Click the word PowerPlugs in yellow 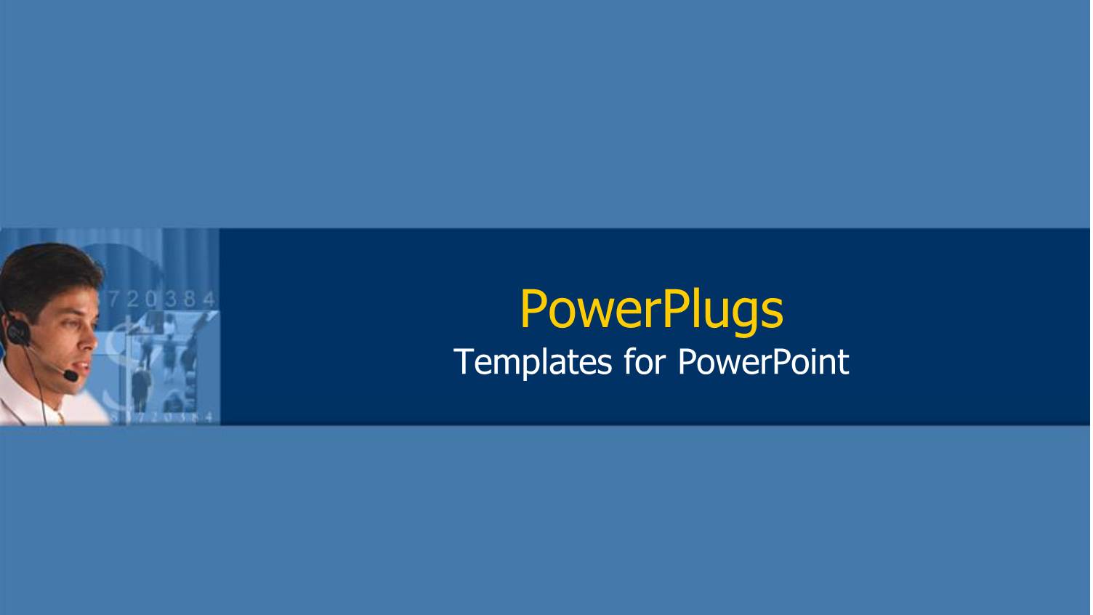coord(652,309)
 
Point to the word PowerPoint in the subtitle coord(763,362)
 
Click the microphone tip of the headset coord(70,376)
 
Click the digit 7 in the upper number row coord(113,298)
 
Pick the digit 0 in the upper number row coord(150,298)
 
